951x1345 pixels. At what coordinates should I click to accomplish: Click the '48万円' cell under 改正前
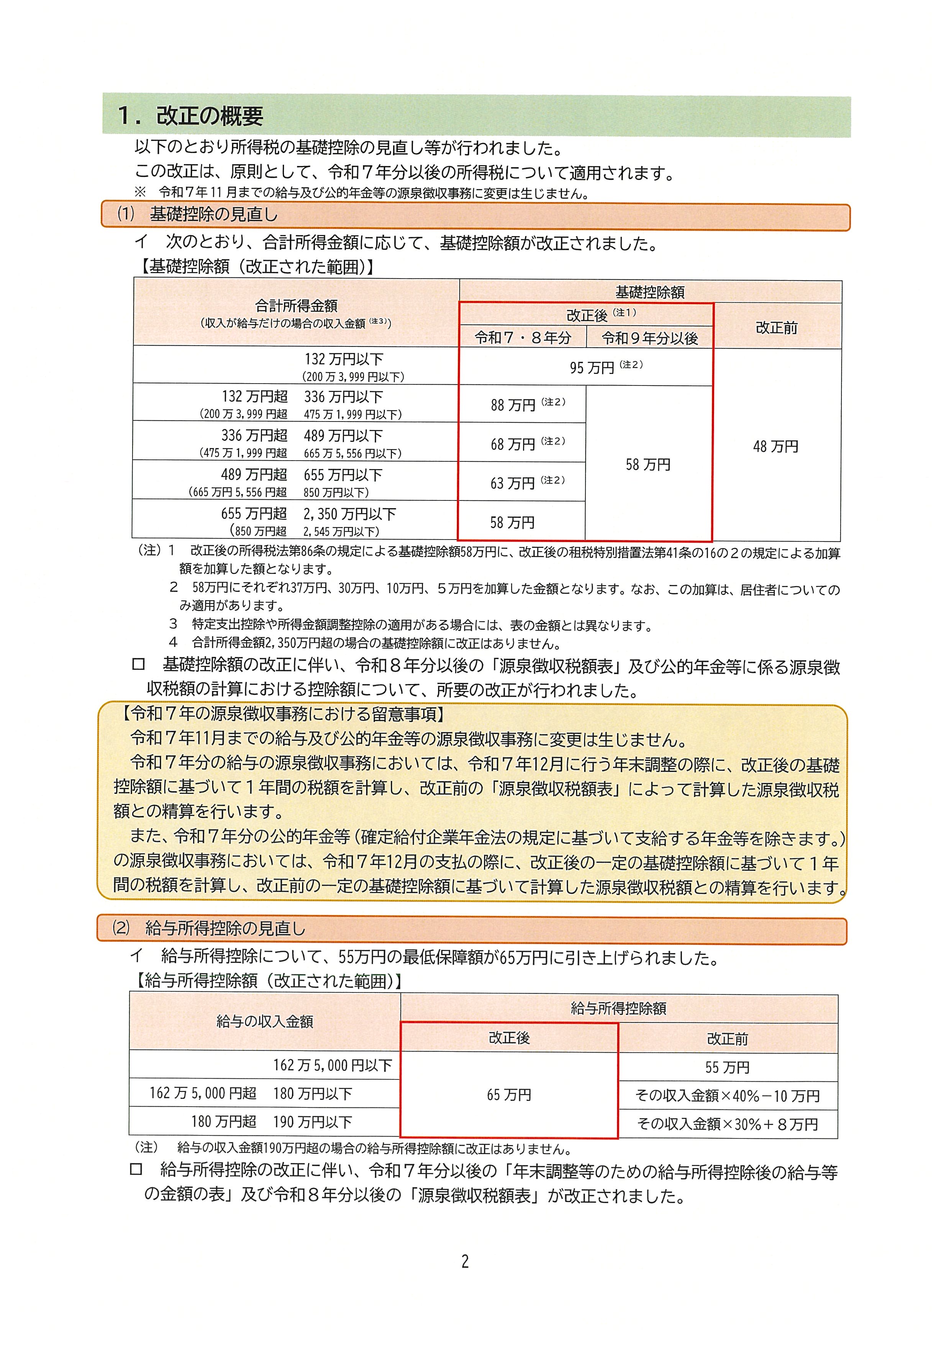[776, 446]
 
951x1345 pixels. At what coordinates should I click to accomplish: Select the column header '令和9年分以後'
[649, 338]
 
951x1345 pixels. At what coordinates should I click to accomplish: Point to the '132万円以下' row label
[344, 359]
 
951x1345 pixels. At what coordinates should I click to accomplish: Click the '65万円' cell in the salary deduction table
[509, 1094]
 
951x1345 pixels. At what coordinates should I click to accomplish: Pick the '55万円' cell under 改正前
[727, 1067]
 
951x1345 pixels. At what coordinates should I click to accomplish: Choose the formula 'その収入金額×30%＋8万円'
[727, 1124]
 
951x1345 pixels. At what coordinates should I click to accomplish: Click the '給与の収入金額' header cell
[265, 1021]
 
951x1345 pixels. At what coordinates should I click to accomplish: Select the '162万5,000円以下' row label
[332, 1065]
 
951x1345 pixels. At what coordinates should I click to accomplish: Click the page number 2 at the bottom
[465, 1261]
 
